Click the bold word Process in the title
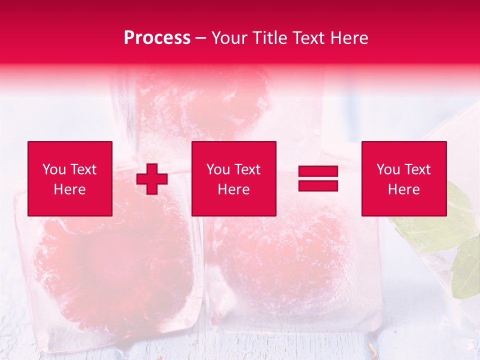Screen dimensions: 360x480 click(x=157, y=38)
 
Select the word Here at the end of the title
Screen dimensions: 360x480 click(x=348, y=38)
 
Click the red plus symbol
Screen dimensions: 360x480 click(x=152, y=179)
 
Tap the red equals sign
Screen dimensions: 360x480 click(x=318, y=178)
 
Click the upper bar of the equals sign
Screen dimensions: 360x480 click(x=318, y=171)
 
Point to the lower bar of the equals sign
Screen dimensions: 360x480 click(x=318, y=185)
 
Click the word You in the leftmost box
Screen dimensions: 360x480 click(x=54, y=169)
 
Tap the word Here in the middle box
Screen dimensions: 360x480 click(x=233, y=189)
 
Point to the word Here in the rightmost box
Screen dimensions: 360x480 click(x=403, y=189)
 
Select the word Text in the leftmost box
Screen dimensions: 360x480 click(x=83, y=169)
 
